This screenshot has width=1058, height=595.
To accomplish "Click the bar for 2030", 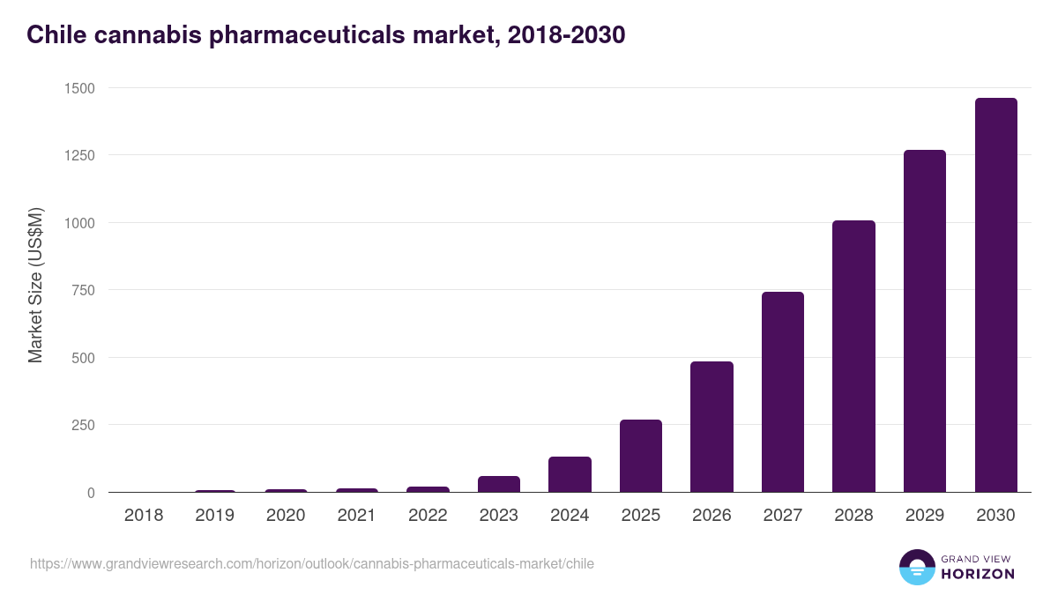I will pos(995,295).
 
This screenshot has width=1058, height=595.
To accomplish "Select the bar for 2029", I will pos(924,321).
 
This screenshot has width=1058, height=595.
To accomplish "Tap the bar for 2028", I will pos(853,356).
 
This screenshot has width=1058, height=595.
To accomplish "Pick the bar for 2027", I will pos(782,392).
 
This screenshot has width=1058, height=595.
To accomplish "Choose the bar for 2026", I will pos(712,427).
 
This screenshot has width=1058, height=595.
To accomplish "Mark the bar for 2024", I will pos(570,474).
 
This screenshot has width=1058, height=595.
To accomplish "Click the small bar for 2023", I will pos(498,484).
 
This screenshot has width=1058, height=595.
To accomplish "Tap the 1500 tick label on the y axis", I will pos(78,88).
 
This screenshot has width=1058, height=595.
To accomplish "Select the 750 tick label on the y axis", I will pos(82,290).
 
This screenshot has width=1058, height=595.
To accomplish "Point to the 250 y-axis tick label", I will pos(82,425).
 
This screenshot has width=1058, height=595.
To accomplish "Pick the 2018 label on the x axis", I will pos(144,516).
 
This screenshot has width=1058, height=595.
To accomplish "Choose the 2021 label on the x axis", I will pos(356,516).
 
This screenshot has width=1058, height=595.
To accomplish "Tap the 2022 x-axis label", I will pos(428,516).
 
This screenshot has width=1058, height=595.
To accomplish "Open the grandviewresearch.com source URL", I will pos(312,563).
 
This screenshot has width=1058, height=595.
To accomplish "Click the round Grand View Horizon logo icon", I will pos(916,567).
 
